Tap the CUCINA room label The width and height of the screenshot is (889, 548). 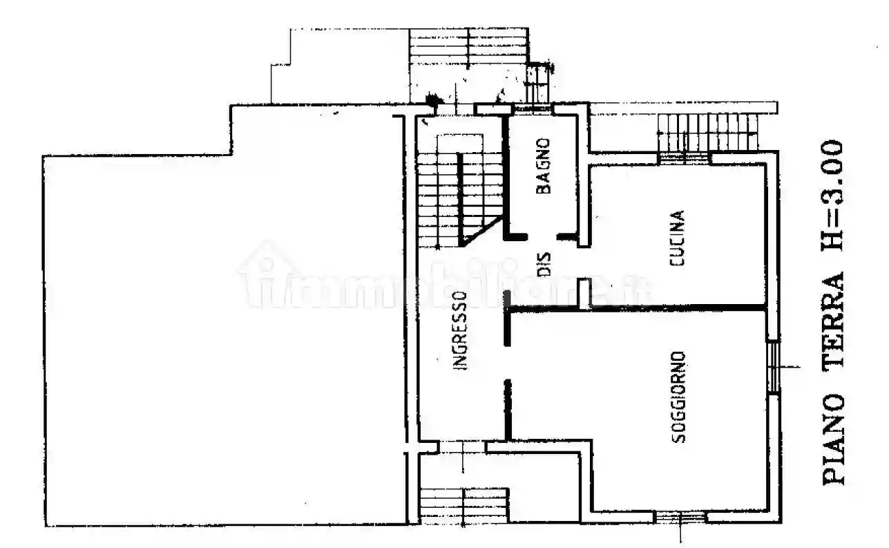(678, 239)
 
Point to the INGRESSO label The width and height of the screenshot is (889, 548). (461, 330)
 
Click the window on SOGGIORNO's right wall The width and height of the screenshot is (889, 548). (774, 366)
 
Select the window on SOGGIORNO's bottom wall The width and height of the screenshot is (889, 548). (680, 516)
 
